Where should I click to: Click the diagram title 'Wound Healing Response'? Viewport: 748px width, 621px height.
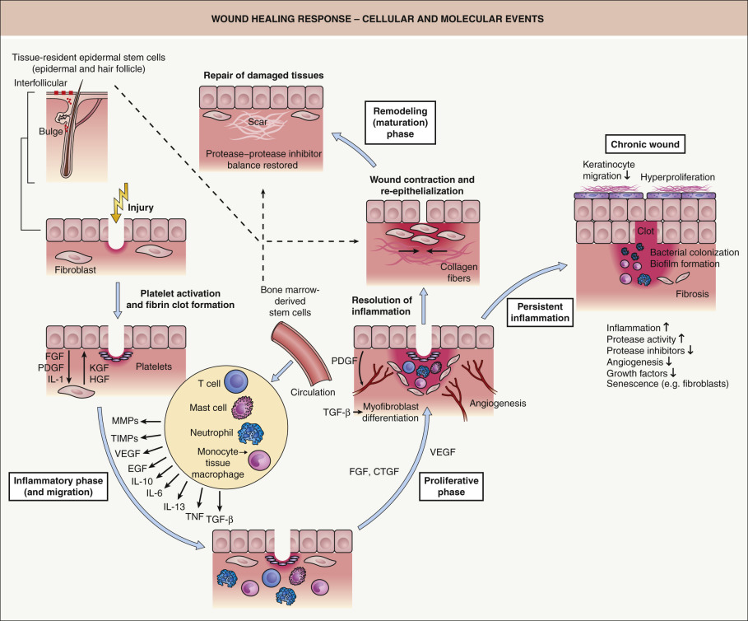point(373,17)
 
